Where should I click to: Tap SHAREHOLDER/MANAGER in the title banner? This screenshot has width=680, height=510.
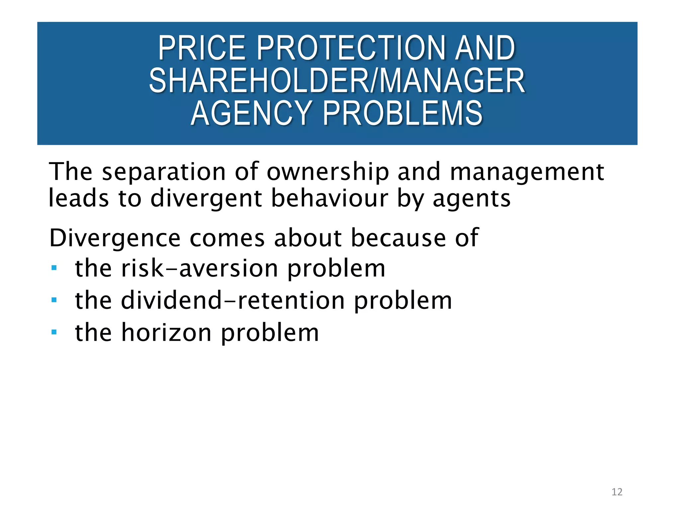(x=337, y=81)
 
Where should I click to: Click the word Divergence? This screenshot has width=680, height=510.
(x=115, y=238)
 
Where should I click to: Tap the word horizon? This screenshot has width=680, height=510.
(x=166, y=333)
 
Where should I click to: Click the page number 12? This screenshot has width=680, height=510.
(x=617, y=492)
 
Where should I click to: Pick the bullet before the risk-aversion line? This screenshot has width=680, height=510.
(x=54, y=268)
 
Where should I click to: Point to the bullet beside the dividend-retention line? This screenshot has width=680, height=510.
(x=54, y=300)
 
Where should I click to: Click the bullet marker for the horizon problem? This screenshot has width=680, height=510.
(x=54, y=332)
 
